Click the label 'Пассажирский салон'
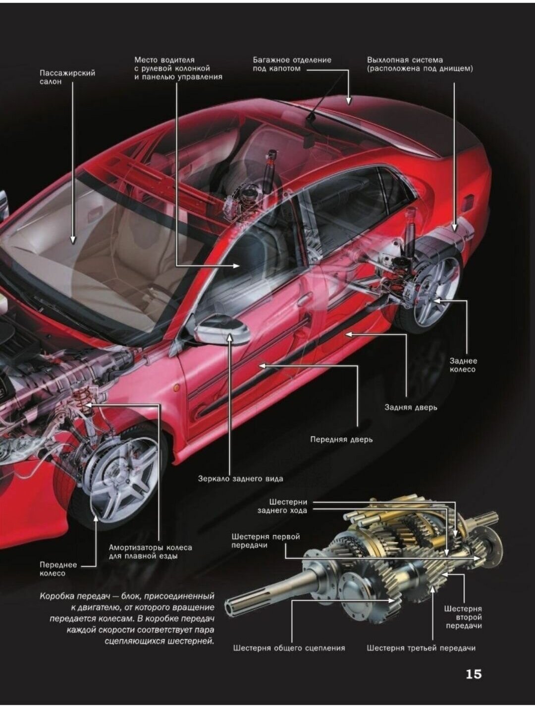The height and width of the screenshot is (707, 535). [67, 77]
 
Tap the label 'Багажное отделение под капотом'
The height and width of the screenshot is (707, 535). [292, 64]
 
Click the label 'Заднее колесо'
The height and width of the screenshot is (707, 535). [463, 365]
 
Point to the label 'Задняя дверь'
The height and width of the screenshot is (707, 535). [411, 407]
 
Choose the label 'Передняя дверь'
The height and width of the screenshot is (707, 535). [341, 439]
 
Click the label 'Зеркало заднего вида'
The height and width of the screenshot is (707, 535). [241, 479]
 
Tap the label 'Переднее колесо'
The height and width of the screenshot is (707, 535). [58, 569]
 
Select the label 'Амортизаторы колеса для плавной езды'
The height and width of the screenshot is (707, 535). [150, 552]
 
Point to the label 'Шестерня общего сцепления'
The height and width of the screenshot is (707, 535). [289, 648]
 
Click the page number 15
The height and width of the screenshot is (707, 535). [473, 674]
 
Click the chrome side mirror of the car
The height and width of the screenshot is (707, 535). [224, 329]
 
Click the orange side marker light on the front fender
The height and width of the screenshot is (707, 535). [176, 387]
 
